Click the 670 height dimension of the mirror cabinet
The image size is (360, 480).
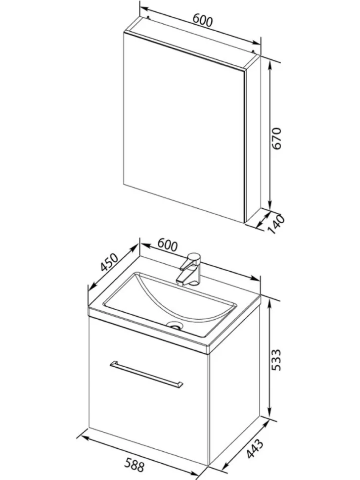(x=276, y=139)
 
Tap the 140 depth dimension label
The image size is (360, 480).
(x=277, y=224)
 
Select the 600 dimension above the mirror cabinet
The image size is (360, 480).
(x=202, y=20)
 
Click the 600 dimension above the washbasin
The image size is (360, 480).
(x=167, y=245)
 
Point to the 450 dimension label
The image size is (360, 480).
(x=109, y=263)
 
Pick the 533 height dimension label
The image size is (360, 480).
(x=276, y=360)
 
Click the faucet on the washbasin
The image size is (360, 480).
(x=189, y=269)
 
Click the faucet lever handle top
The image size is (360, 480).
(x=194, y=256)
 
